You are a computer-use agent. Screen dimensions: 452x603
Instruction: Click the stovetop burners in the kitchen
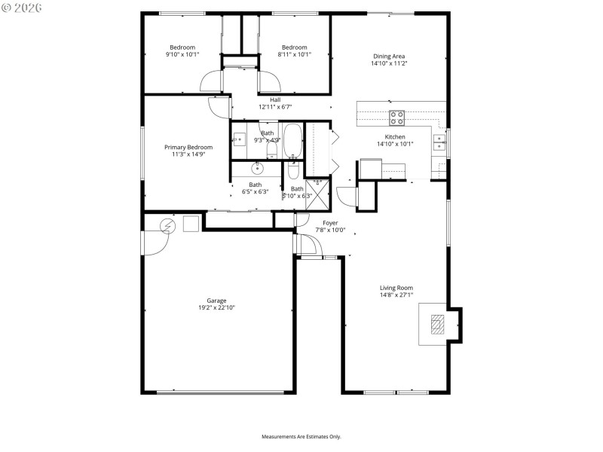pyautogui.click(x=396, y=117)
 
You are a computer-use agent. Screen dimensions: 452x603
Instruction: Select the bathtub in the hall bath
pyautogui.click(x=293, y=142)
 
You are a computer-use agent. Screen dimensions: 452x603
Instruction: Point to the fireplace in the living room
pyautogui.click(x=437, y=324)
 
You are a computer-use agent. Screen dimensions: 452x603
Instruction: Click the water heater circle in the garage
pyautogui.click(x=168, y=224)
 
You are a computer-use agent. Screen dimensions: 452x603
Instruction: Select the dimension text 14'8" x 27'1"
pyautogui.click(x=396, y=295)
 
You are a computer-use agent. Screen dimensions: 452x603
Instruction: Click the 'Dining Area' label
pyautogui.click(x=389, y=56)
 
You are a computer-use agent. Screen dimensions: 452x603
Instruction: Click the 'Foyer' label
pyautogui.click(x=330, y=223)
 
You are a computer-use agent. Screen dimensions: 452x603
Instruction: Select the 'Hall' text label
pyautogui.click(x=275, y=99)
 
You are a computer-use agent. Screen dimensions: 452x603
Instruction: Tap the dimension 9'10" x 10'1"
pyautogui.click(x=182, y=54)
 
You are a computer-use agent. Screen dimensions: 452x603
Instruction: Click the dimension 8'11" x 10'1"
pyautogui.click(x=292, y=54)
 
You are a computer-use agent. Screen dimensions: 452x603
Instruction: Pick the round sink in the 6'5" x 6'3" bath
pyautogui.click(x=257, y=166)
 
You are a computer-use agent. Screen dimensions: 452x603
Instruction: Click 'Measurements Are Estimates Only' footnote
pyautogui.click(x=301, y=436)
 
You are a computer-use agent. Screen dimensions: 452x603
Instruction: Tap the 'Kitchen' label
pyautogui.click(x=395, y=136)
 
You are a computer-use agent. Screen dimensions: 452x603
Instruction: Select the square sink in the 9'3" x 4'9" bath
pyautogui.click(x=239, y=139)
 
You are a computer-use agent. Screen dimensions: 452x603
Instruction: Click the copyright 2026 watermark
pyautogui.click(x=22, y=8)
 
